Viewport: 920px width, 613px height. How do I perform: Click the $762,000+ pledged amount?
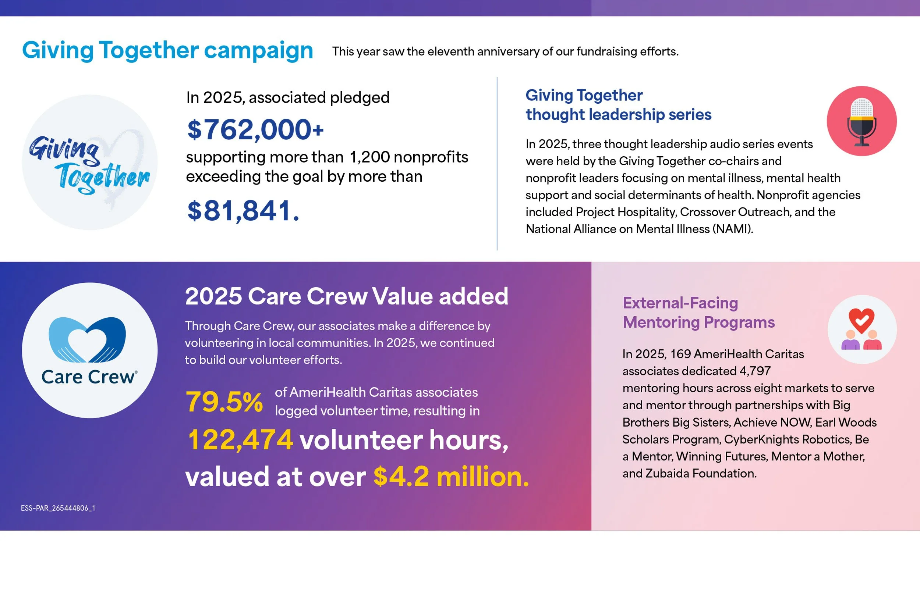(255, 129)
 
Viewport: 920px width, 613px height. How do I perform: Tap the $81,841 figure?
(243, 211)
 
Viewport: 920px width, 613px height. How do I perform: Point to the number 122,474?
(240, 440)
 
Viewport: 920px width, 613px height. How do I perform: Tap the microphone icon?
(862, 121)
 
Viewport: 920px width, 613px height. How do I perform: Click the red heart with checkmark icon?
(862, 320)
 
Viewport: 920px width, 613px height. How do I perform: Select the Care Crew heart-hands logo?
(87, 339)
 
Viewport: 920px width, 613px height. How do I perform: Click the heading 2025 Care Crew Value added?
(347, 296)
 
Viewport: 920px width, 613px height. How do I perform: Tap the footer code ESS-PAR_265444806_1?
(58, 508)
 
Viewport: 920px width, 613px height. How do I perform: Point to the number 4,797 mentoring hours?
(755, 371)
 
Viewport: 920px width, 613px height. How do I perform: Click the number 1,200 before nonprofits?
(369, 157)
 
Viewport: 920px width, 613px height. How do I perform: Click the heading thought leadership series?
(618, 114)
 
